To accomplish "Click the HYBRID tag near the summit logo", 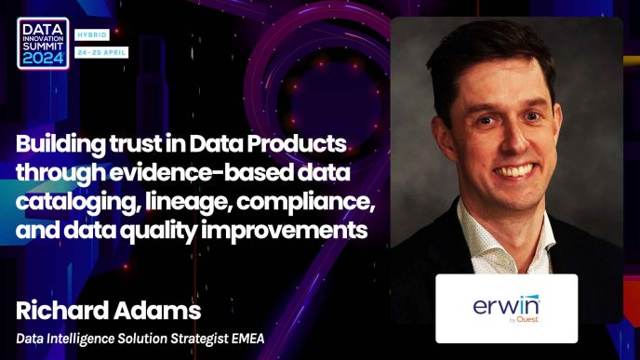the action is pos(92,35).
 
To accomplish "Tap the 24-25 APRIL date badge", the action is pos(101,52).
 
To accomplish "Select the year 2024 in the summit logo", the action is pos(43,60).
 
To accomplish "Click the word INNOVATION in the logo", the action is pos(43,38).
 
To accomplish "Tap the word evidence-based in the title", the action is pos(201,172).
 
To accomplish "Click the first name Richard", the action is pos(62,310).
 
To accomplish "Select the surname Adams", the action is pos(157,310).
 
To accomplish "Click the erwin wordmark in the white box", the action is pos(506,305).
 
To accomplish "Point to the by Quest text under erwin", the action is pos(524,320).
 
